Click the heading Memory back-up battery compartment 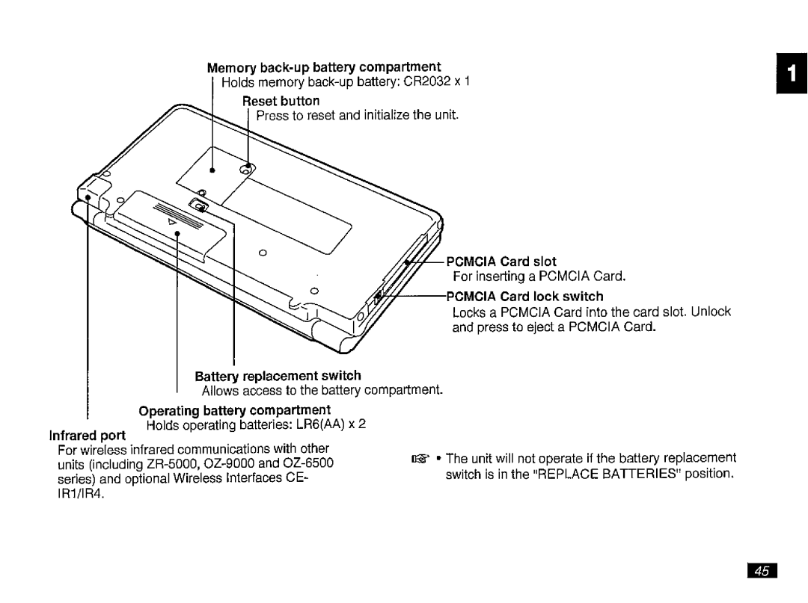click(323, 67)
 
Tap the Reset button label click(281, 100)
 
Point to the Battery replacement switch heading click(278, 375)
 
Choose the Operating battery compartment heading click(235, 410)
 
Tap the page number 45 click(761, 572)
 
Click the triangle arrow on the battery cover click(172, 222)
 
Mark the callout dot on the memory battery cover click(212, 171)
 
